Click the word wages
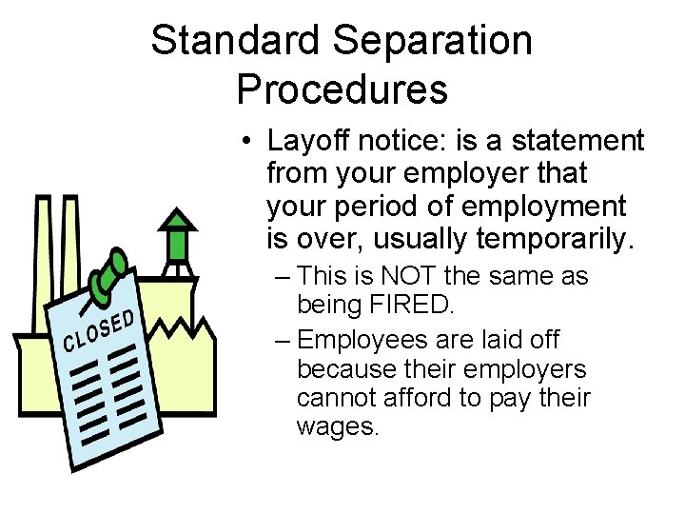[338, 426]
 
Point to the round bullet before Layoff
[245, 144]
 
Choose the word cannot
[333, 397]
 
